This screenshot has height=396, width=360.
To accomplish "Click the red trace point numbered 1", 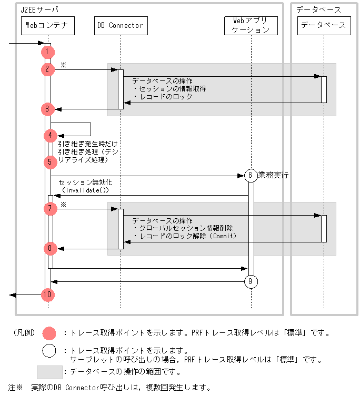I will pos(47,52).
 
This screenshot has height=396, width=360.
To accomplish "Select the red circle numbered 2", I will pos(47,69).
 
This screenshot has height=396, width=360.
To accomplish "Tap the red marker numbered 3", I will pos(47,109).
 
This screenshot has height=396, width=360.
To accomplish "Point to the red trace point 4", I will pos(51,136).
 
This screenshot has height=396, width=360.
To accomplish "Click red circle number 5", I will pos(50,162).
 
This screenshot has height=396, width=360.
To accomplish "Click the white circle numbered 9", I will pos(251,282).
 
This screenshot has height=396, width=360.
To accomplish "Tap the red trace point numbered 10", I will pos(47,295).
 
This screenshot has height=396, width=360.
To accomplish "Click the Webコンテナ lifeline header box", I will pos(45,25).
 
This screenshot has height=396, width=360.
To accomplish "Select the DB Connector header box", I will pos(120,25).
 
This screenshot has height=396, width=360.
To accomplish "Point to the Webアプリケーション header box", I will pos(251,25).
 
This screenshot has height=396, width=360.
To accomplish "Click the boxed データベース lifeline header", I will pos(323,25).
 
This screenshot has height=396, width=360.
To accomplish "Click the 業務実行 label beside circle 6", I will pos(274,175).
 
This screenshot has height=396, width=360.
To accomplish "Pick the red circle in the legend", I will pos(49,333).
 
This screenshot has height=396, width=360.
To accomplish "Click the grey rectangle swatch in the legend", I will pos(49,372).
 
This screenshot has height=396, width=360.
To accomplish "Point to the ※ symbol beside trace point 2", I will pos(63,65).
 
